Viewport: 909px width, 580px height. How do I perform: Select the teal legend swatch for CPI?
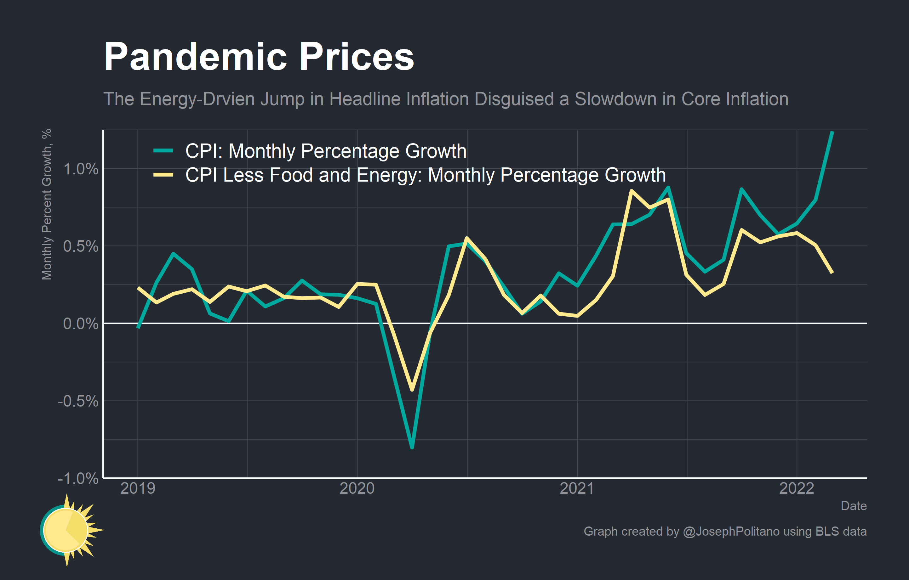[163, 150]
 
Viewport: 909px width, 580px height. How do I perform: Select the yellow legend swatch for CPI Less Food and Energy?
[163, 175]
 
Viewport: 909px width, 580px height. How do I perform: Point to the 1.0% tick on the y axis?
[80, 169]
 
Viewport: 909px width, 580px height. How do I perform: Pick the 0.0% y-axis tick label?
[80, 324]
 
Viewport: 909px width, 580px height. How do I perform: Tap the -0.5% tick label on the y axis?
[78, 401]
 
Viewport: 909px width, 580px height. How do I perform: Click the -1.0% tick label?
[78, 478]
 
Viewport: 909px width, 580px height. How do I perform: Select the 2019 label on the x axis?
[137, 488]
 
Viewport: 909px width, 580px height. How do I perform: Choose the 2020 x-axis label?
[357, 488]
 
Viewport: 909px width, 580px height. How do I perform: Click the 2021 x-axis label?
[576, 488]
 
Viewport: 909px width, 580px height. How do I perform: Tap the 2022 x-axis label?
[797, 488]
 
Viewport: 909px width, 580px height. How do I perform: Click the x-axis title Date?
[853, 506]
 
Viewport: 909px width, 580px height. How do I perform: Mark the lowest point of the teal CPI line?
[412, 447]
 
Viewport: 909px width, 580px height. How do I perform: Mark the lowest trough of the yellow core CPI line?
[412, 390]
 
